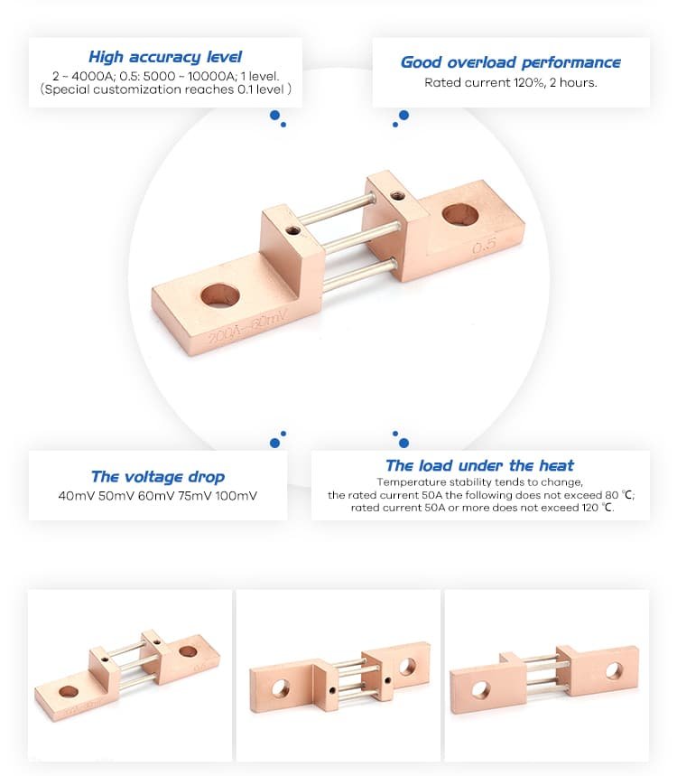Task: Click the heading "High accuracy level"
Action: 165,57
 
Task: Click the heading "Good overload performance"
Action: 510,62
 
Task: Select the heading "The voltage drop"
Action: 158,477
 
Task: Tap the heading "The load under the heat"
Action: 479,465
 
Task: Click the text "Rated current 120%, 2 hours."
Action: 511,82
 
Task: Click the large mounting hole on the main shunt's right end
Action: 461,215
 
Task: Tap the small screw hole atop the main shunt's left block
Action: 292,230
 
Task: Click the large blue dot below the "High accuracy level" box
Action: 274,116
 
